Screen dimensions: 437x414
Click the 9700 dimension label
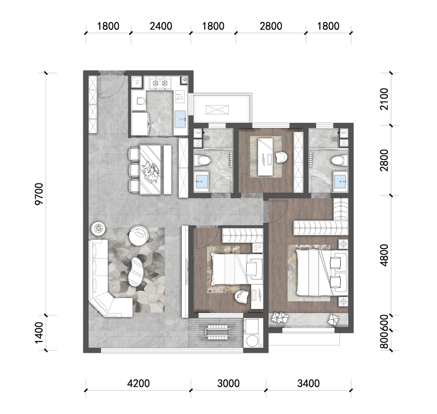pos(39,194)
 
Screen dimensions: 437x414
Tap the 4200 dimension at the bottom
pos(138,383)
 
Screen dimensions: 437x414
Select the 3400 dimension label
pos(308,383)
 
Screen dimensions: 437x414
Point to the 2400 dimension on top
pos(161,26)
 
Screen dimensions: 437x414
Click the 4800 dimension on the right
pos(385,255)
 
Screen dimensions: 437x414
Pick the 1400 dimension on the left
pos(39,333)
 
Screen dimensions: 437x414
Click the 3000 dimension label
pos(228,383)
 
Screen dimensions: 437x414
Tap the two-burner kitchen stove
pos(160,83)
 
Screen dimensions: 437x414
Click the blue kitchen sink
pos(181,119)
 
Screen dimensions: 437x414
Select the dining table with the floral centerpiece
pos(151,169)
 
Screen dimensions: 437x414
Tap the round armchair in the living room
pos(139,235)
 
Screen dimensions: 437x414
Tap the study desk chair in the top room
pos(281,158)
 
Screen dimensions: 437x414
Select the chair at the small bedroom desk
pos(242,297)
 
